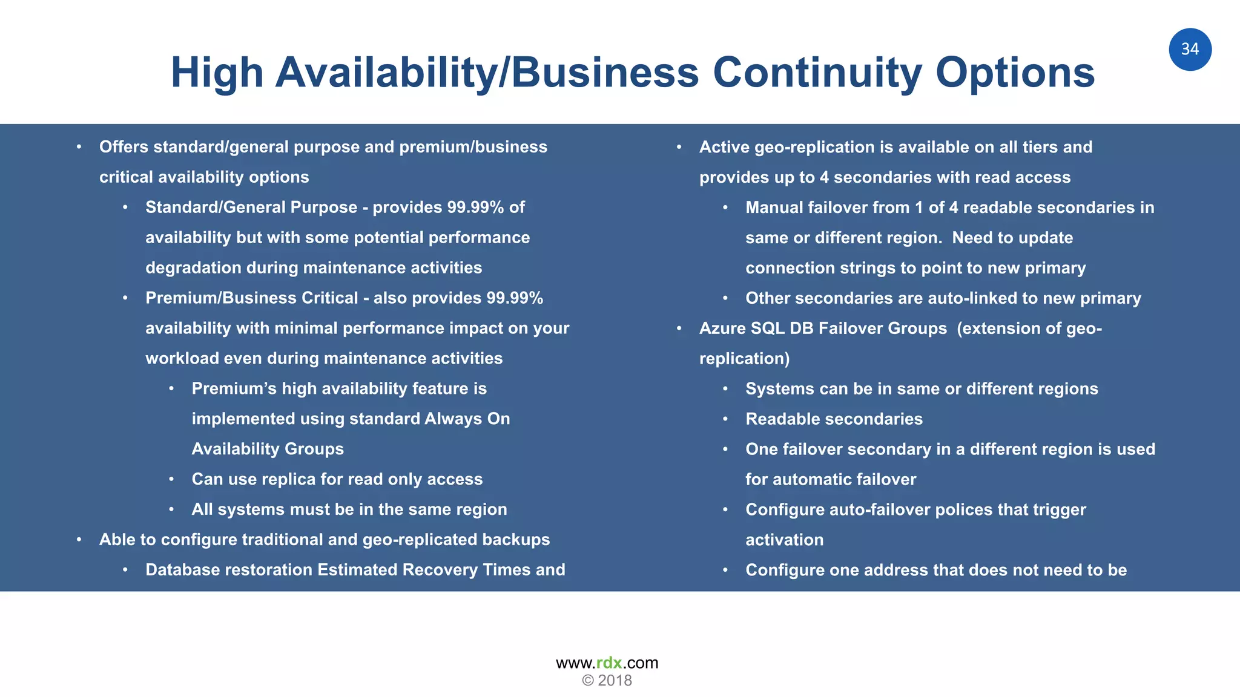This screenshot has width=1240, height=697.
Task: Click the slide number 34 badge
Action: point(1190,50)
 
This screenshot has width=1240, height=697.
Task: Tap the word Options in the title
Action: point(1015,73)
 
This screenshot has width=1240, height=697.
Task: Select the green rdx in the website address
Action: point(609,663)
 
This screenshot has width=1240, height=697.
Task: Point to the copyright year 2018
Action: point(615,681)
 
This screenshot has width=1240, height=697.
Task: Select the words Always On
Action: point(467,419)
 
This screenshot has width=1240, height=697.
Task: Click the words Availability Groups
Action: point(268,449)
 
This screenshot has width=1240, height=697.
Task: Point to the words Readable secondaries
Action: point(834,419)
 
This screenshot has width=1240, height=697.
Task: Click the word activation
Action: point(784,540)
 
